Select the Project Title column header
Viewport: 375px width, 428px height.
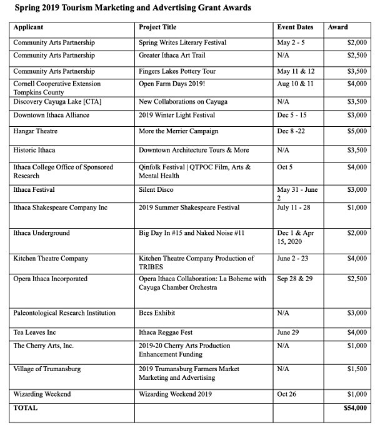pos(157,27)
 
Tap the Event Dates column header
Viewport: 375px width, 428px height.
pos(296,27)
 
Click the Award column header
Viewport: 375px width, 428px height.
pos(338,27)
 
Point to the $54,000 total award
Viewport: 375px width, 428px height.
pos(355,408)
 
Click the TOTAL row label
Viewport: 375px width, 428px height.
pos(26,408)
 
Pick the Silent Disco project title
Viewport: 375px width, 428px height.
pos(156,189)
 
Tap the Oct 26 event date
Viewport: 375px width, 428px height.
pos(287,394)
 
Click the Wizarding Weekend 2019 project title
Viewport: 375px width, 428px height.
pos(176,394)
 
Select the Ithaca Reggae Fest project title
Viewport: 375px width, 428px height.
pos(166,332)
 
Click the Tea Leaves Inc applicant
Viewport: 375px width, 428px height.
pos(34,332)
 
